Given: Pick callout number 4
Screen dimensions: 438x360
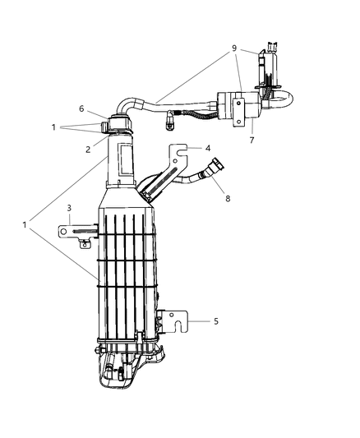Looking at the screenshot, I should click(209, 149).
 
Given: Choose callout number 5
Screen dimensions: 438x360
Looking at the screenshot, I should click(215, 320).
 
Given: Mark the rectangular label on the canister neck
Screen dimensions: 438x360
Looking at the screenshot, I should click(127, 165).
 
